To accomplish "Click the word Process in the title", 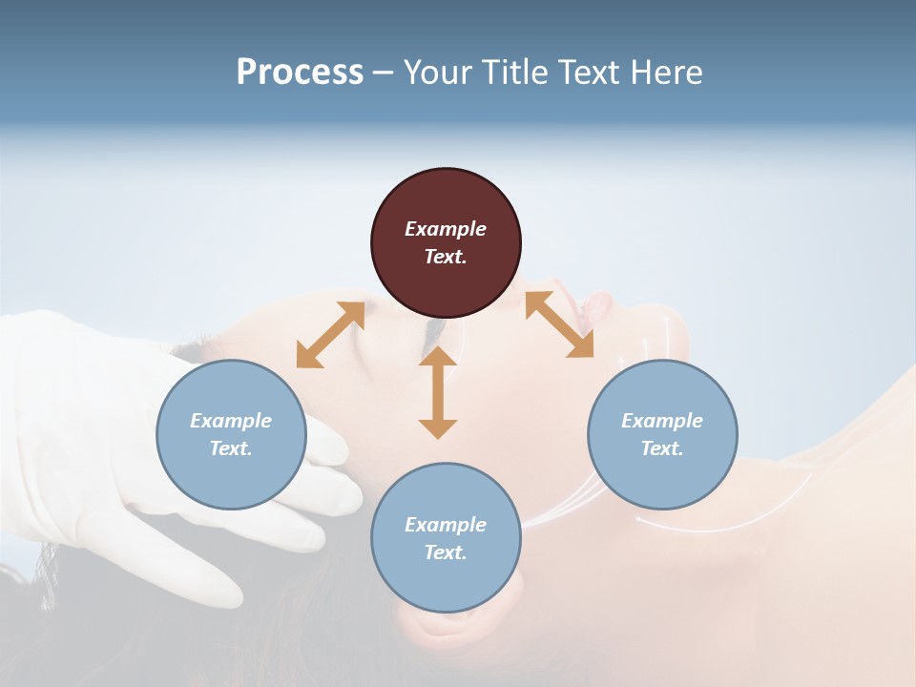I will (x=300, y=73).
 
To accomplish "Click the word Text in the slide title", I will (x=590, y=73).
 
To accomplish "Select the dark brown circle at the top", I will (x=446, y=243).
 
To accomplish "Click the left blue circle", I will (x=231, y=434).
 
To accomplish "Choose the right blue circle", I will (x=662, y=434).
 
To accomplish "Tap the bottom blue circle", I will (x=446, y=537).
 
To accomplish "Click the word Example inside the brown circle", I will (x=446, y=229).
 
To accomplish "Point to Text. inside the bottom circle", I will (x=446, y=552).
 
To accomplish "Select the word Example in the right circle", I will (x=662, y=421).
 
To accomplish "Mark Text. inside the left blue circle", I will (x=231, y=448).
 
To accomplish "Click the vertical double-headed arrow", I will (x=438, y=392).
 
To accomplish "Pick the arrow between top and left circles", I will (x=330, y=335).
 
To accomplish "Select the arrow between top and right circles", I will (x=559, y=324).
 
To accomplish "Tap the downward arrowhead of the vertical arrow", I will (x=438, y=428).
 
